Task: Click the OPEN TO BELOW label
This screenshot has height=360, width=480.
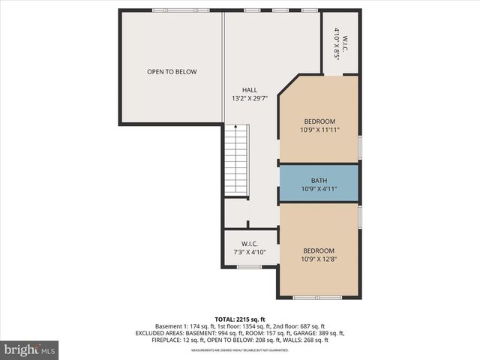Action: (171, 72)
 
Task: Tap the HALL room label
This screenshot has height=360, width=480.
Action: (249, 90)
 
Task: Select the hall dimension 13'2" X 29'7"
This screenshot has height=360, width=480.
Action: (249, 98)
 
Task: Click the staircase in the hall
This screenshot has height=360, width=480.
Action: (236, 161)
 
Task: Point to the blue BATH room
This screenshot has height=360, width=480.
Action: (319, 184)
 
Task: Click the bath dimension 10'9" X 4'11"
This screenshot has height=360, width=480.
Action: (319, 189)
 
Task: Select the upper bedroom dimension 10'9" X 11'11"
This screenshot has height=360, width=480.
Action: (319, 130)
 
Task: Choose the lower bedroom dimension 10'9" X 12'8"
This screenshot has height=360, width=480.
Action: (319, 259)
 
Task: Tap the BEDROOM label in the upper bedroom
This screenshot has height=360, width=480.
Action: (319, 121)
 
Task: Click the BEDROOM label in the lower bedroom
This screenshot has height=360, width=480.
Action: (319, 250)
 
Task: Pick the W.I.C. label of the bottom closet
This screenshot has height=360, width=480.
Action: (250, 244)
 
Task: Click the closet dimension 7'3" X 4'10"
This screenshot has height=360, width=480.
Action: (250, 252)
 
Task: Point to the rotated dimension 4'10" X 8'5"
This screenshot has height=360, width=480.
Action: (337, 43)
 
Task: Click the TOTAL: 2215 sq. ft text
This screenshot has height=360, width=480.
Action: (240, 319)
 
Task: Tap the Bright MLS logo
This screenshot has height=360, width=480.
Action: (30, 349)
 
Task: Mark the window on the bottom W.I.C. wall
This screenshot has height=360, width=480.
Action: (249, 267)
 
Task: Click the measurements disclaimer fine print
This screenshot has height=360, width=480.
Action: (240, 350)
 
